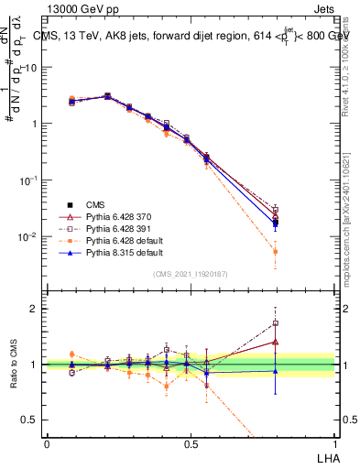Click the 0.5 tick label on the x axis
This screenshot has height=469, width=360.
tap(191, 442)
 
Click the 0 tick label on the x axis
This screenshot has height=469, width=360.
tap(47, 442)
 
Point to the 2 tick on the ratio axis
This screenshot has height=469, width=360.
tap(34, 309)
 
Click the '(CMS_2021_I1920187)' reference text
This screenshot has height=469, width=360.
tap(190, 274)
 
